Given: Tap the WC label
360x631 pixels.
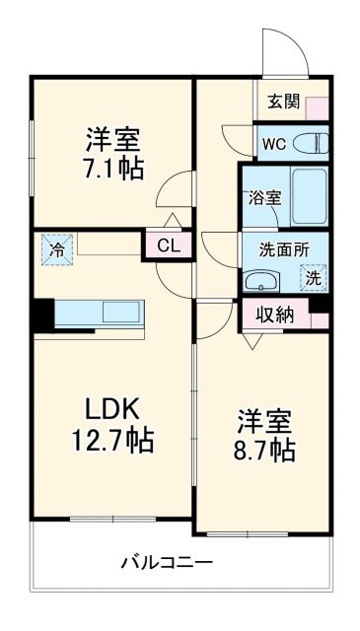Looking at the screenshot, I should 272,142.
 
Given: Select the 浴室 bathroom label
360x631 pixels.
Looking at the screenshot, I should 265,197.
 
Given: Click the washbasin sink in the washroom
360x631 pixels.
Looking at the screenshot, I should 264,280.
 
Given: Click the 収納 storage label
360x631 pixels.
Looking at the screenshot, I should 275,316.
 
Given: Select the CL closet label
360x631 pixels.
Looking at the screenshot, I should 169,246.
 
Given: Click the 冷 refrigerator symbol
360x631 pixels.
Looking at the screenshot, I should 57,249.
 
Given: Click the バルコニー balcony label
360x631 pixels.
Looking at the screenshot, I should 167,564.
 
